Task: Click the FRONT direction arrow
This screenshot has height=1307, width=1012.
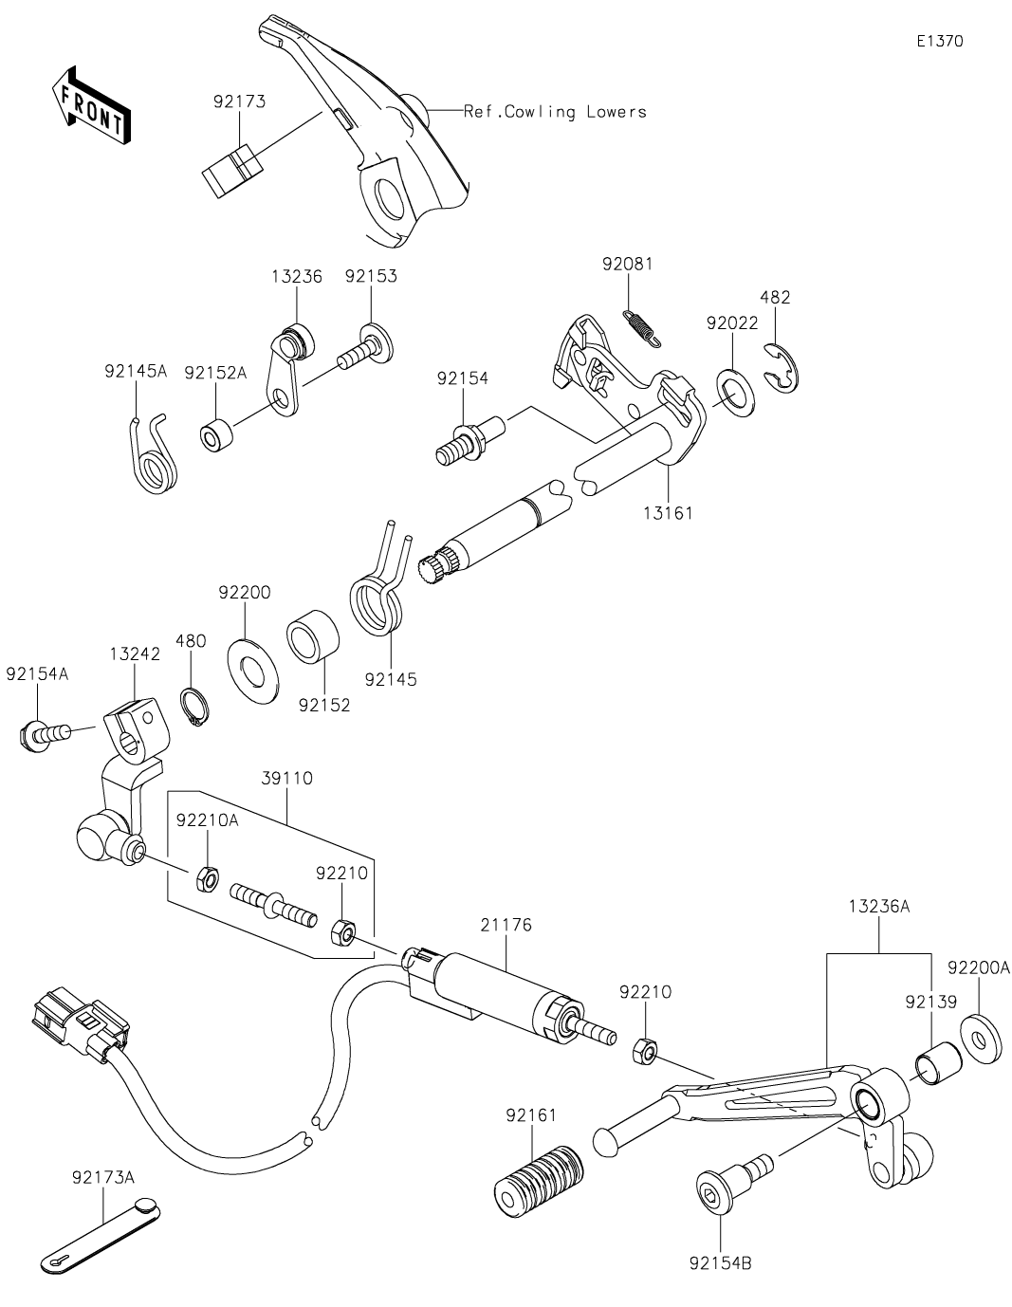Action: [x=91, y=105]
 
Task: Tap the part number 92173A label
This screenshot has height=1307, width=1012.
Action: [x=102, y=1178]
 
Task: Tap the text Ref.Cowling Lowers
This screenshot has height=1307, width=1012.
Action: [x=555, y=112]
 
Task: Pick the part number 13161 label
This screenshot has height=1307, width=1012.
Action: [x=669, y=513]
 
